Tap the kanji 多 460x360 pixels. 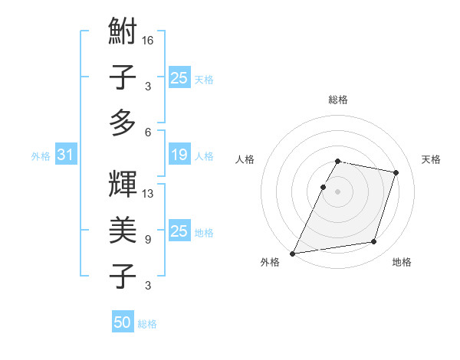(123, 122)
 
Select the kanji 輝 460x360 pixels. (123, 185)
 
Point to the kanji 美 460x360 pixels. (123, 230)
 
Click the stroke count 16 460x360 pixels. (148, 40)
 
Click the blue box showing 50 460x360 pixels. (123, 323)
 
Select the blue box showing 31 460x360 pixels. (65, 155)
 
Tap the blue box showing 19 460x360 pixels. (179, 155)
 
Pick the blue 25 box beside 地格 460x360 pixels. (179, 231)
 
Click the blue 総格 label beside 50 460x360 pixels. (147, 324)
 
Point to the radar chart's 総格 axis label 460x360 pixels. (338, 100)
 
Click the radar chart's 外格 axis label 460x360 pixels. (270, 262)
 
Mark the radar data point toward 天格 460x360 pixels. (396, 172)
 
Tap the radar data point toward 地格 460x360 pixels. (374, 242)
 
